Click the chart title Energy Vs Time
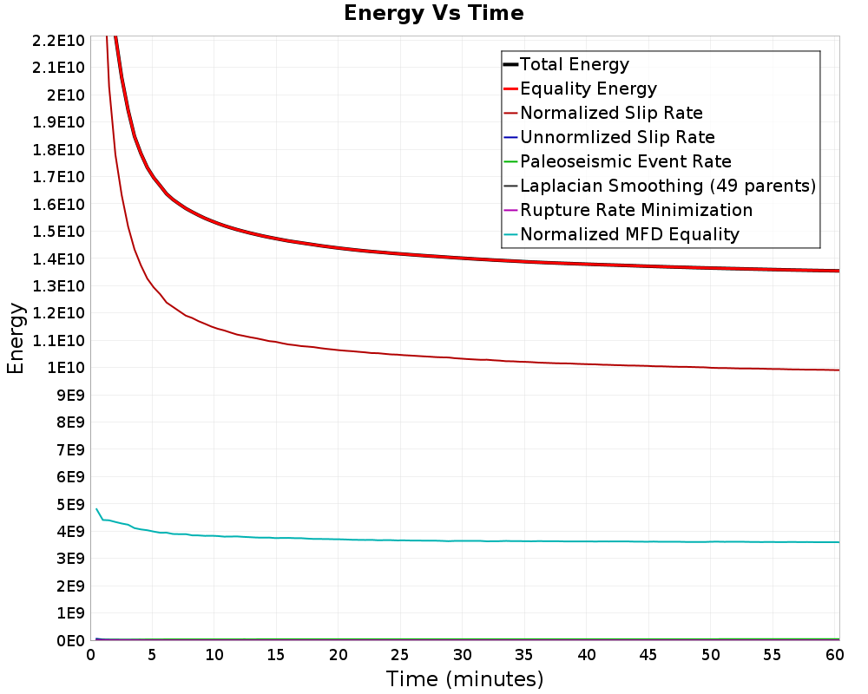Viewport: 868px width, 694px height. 433,13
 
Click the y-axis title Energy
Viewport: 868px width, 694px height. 16,338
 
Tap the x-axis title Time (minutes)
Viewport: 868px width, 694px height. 464,679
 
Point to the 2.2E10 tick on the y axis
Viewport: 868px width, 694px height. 58,41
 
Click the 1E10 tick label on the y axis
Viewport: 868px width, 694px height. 66,368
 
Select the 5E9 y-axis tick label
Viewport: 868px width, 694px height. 71,505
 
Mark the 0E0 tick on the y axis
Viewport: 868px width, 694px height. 71,641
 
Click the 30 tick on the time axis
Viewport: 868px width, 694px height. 463,655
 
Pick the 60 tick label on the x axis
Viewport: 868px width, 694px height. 835,655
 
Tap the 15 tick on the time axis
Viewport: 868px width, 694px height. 276,655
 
